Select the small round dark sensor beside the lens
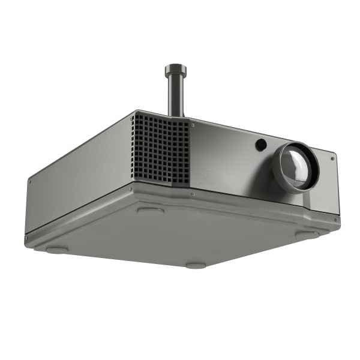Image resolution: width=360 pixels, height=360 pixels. pyautogui.click(x=261, y=145)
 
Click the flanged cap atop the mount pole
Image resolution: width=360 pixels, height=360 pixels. pyautogui.click(x=176, y=68)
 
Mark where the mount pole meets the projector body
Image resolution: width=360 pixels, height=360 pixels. pyautogui.click(x=176, y=115)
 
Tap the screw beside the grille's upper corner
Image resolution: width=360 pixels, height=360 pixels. pyautogui.click(x=193, y=125)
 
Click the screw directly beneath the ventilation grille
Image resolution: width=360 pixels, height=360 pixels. pyautogui.click(x=191, y=194)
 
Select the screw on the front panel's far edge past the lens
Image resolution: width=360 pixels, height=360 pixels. pyautogui.click(x=332, y=158)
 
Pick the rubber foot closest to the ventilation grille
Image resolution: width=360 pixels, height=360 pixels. pyautogui.click(x=150, y=211)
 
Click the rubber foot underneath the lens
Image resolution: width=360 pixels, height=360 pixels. pyautogui.click(x=307, y=235)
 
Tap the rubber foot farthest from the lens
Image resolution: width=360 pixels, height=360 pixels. pyautogui.click(x=57, y=250)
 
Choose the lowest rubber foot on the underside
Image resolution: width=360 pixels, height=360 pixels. pyautogui.click(x=196, y=265)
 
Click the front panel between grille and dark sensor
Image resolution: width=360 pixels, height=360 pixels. pyautogui.click(x=225, y=156)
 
